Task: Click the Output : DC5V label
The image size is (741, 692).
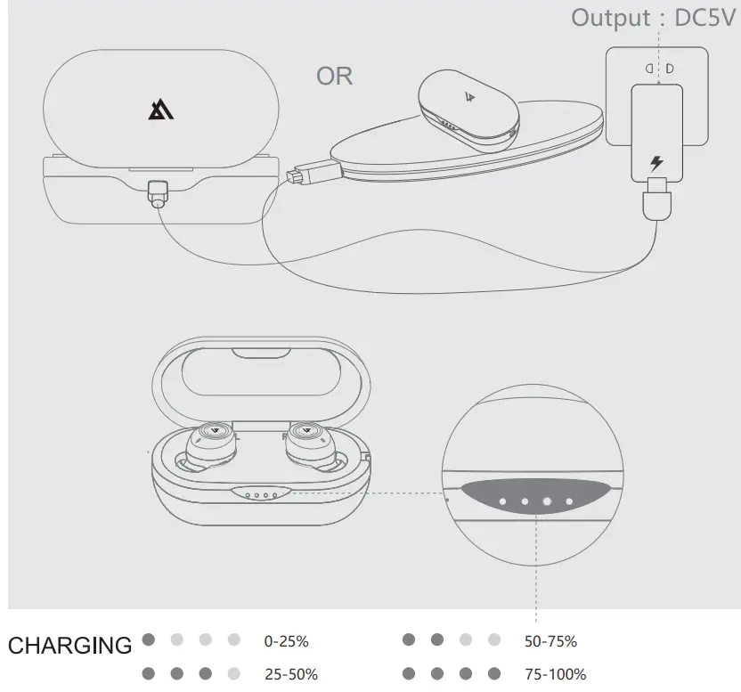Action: (655, 17)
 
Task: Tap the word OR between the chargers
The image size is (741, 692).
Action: (335, 77)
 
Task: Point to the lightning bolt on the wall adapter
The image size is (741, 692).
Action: (657, 163)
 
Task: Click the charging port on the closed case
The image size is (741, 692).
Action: (159, 193)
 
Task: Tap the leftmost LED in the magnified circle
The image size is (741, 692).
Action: (503, 502)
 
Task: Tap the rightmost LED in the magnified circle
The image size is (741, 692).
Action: (570, 502)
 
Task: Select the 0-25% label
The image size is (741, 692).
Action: (287, 641)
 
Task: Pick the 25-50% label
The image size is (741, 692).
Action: (291, 674)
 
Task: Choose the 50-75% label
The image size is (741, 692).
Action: (550, 641)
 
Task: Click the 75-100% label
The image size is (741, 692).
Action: (555, 674)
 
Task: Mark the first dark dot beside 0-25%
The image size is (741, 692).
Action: (149, 639)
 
